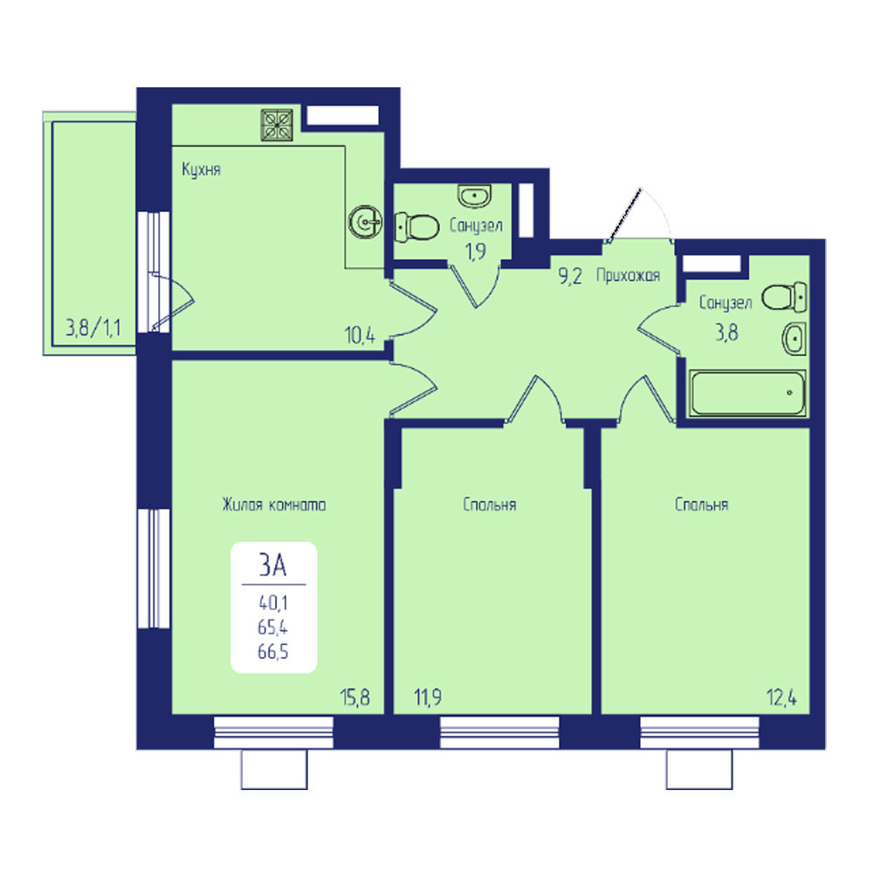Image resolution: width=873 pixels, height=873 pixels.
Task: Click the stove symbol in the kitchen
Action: [x=277, y=125]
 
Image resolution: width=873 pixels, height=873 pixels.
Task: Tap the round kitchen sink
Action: [x=365, y=222]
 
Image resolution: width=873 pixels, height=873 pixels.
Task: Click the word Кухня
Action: [x=202, y=169]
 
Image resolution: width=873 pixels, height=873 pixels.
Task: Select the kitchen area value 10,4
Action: [x=360, y=335]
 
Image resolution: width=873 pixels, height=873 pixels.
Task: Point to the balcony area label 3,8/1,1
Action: [x=93, y=327]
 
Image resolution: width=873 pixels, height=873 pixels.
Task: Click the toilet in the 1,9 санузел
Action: [x=416, y=227]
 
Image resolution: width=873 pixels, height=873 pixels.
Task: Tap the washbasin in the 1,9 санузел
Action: [x=474, y=196]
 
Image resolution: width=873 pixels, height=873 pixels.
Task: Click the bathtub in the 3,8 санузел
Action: [x=746, y=393]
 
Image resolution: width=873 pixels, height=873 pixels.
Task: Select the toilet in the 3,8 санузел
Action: [x=785, y=296]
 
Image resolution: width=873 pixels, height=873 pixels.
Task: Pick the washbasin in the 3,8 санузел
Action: [x=794, y=339]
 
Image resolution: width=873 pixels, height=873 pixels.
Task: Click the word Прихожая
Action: [x=628, y=275]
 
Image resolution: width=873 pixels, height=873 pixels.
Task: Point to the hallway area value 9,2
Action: [x=570, y=276]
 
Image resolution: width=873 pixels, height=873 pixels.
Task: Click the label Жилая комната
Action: [x=274, y=505]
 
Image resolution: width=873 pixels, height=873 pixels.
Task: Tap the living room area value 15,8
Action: [x=354, y=697]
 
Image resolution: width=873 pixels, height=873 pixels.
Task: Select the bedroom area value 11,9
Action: [x=428, y=697]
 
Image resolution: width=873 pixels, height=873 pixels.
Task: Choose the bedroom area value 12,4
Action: [x=781, y=697]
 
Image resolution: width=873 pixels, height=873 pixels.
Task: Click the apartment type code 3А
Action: [x=272, y=565]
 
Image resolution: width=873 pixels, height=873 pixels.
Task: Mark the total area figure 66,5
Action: [x=272, y=651]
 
